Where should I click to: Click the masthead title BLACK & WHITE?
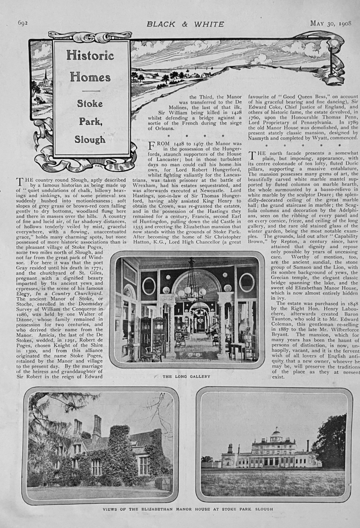coord(185,24)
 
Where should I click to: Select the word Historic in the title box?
coord(90,55)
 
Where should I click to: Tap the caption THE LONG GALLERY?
coord(186,376)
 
